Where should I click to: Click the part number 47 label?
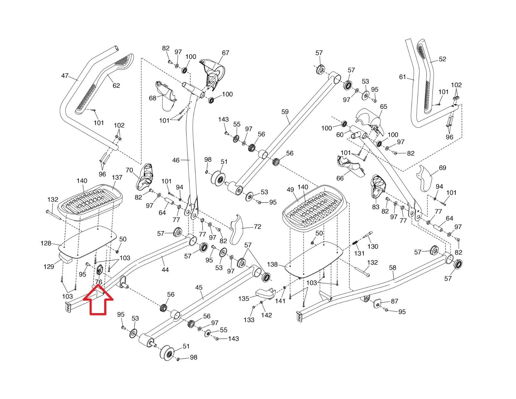coord(64,76)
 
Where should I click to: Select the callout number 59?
coord(285,112)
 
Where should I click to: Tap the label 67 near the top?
coord(225,53)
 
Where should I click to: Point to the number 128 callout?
coord(46,243)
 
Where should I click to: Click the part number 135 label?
coord(243,299)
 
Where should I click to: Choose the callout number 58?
coord(392,268)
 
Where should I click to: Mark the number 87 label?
coord(394,301)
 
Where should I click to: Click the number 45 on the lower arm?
coord(199,288)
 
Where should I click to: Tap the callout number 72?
coord(257,227)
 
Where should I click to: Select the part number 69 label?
coord(442,168)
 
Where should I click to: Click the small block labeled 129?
coord(65,258)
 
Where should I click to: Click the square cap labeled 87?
coord(378,304)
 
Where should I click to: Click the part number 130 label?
coord(372,246)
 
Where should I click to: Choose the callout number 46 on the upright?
coord(176,160)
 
